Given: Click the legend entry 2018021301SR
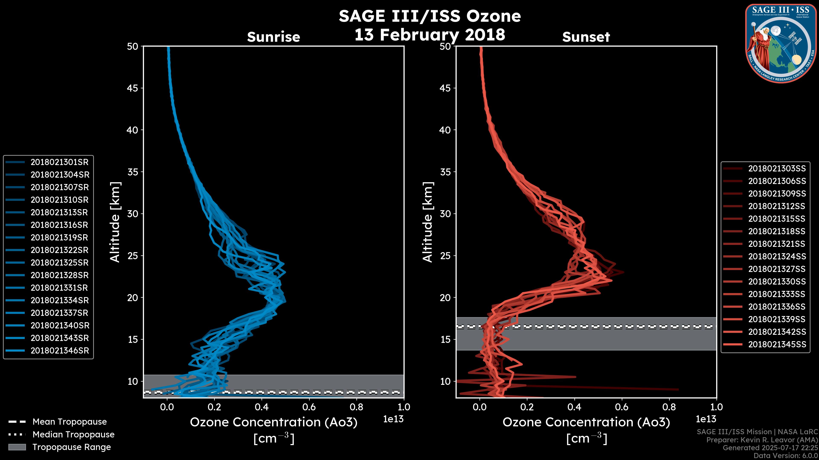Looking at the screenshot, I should coord(60,162).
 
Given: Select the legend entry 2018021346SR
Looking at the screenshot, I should coord(60,351).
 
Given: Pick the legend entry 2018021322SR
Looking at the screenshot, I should coord(60,250).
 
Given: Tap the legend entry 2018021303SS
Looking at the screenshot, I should coord(777,169).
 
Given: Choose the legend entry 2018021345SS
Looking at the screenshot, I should coord(777,344).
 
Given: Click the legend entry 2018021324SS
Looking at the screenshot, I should coord(777,256).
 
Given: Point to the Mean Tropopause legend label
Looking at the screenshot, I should coord(70,422).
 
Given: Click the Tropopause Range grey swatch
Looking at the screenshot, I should coord(17,447).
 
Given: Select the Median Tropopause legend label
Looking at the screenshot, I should coord(73,435).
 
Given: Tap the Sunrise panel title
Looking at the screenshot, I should coord(273,37).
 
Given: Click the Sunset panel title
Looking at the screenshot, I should coord(586,37).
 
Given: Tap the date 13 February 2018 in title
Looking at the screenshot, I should coord(430,34).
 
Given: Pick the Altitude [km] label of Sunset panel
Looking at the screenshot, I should coord(428,222).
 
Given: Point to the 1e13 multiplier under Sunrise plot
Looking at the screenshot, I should coord(393,419).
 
